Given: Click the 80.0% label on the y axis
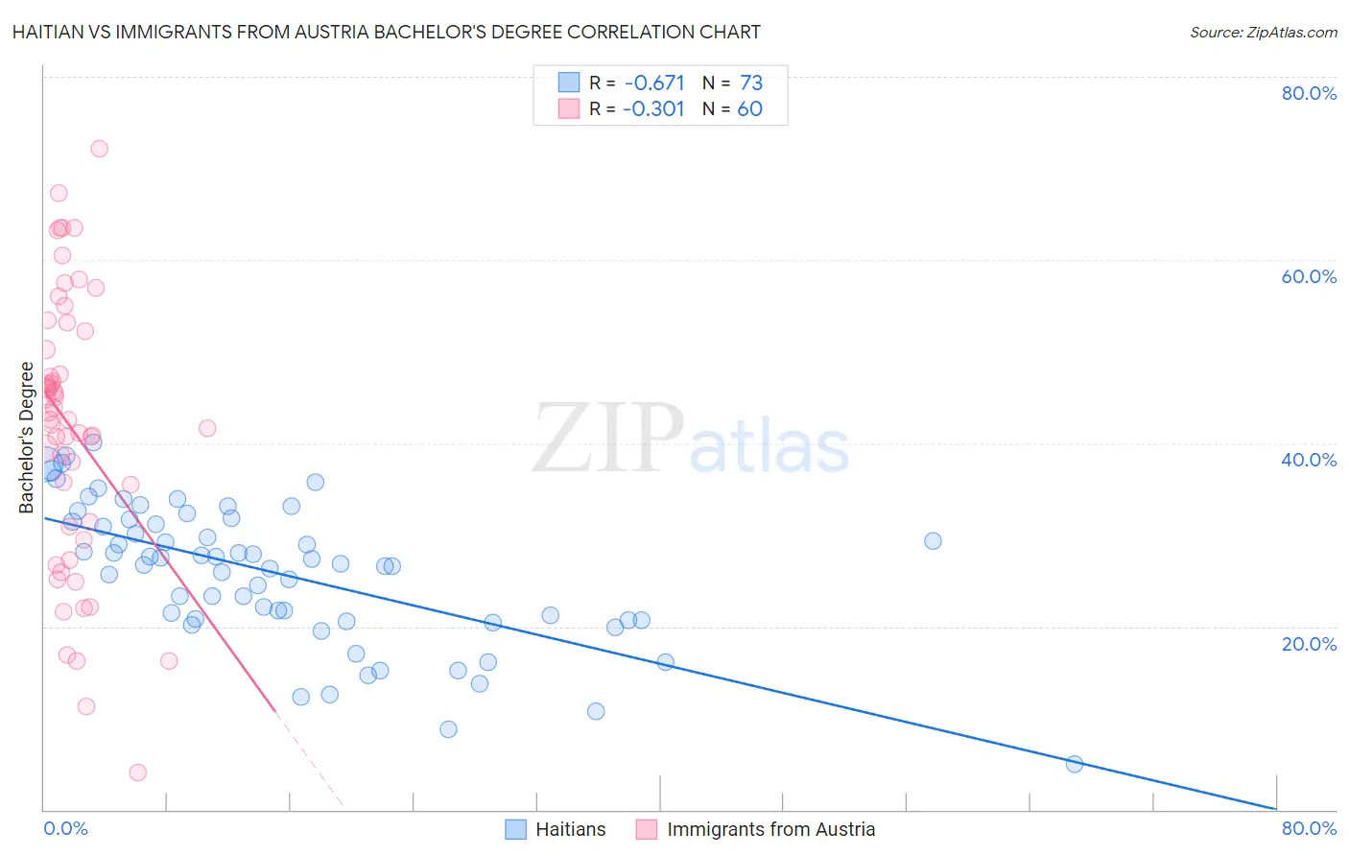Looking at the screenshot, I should (x=1309, y=93).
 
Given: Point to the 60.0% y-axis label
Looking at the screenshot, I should (x=1309, y=276).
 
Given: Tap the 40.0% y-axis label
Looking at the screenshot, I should (x=1309, y=460).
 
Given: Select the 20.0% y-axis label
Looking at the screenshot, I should (x=1309, y=643).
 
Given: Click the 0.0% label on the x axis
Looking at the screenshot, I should (x=65, y=828).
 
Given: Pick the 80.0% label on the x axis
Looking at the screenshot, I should (x=1309, y=828).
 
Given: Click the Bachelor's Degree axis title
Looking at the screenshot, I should (x=26, y=438).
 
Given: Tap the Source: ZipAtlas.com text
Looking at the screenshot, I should (x=1263, y=33).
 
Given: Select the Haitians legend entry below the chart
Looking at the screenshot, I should (x=570, y=829).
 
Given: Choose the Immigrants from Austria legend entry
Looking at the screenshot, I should (x=770, y=829).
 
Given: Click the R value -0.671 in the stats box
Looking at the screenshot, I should (x=653, y=83).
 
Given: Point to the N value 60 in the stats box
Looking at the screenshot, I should (x=749, y=109).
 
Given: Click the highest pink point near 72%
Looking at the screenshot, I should (x=99, y=149).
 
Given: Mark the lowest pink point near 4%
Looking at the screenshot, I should (x=137, y=773).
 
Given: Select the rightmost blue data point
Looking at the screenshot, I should (x=1075, y=764).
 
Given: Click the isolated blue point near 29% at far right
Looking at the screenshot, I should (x=933, y=541).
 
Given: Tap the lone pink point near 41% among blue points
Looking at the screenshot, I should (x=207, y=428).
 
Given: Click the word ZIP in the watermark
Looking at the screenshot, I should (x=607, y=439).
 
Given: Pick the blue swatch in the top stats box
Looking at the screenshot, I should (x=569, y=83).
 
